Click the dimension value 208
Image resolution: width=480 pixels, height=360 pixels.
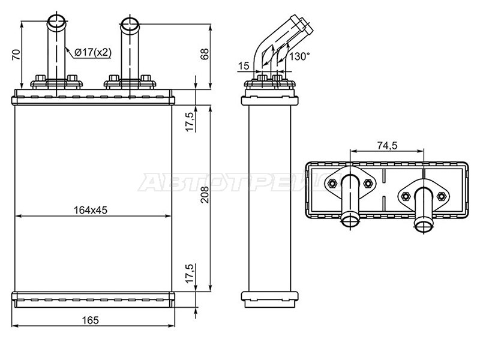205,194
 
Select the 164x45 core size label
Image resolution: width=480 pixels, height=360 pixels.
91,211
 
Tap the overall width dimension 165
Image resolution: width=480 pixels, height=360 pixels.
91,320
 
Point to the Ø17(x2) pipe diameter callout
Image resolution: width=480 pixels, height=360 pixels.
93,52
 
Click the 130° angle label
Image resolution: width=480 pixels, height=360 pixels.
299,56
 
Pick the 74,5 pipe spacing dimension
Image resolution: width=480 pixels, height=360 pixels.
387,145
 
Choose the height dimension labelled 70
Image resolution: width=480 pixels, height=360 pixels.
17,54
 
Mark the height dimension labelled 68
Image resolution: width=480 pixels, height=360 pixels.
205,54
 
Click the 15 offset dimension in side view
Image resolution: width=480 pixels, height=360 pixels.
244,66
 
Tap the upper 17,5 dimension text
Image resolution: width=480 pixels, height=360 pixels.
190,122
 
